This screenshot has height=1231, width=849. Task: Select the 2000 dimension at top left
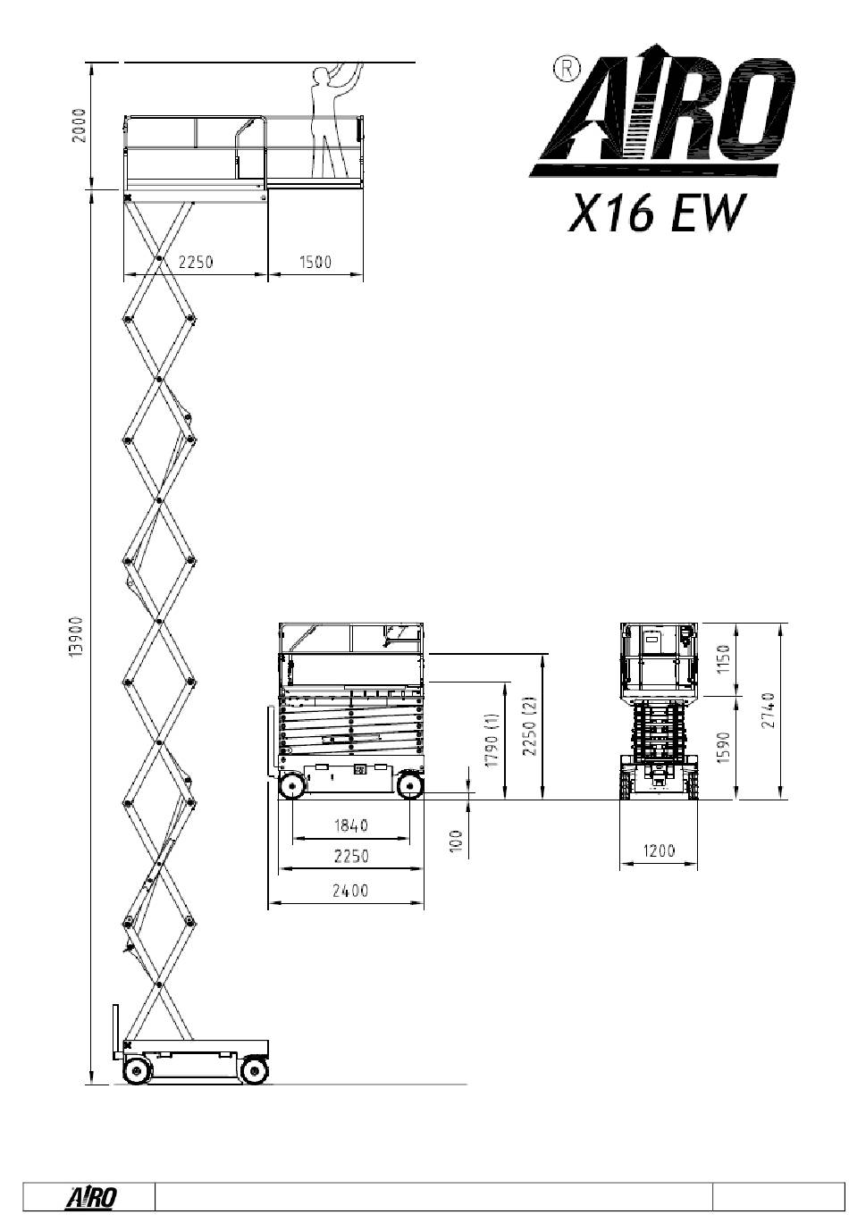(80, 125)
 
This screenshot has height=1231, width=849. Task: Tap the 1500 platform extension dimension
(315, 262)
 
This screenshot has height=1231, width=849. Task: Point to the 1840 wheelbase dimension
(351, 825)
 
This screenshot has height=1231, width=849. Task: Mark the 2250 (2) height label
(529, 726)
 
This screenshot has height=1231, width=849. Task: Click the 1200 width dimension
(658, 850)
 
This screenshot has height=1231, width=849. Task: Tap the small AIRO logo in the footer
(91, 1197)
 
